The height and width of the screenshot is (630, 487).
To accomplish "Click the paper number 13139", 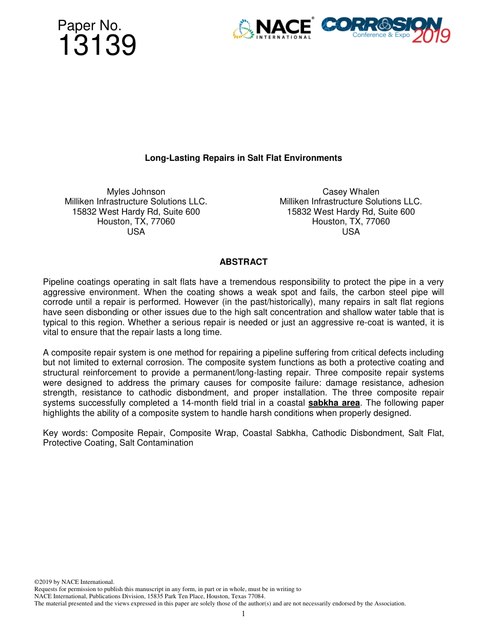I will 97,46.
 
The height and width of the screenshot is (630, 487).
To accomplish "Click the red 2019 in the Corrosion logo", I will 431,36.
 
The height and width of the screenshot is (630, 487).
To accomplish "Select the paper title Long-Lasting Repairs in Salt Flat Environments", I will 243,158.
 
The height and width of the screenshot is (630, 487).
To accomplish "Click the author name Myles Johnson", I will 136,192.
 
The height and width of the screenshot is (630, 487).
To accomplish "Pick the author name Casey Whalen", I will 351,192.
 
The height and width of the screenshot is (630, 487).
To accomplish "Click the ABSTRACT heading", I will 243,262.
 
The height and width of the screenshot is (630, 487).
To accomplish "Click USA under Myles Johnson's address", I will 136,232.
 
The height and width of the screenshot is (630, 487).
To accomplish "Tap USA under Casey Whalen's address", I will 351,232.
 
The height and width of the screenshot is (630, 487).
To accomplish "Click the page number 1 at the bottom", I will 243,614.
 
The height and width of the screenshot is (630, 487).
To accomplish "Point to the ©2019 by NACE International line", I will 74,582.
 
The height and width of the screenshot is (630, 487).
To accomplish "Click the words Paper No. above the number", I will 89,26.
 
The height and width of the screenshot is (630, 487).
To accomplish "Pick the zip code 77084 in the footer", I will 256,596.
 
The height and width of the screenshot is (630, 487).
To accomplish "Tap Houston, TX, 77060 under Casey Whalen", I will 351,221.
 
